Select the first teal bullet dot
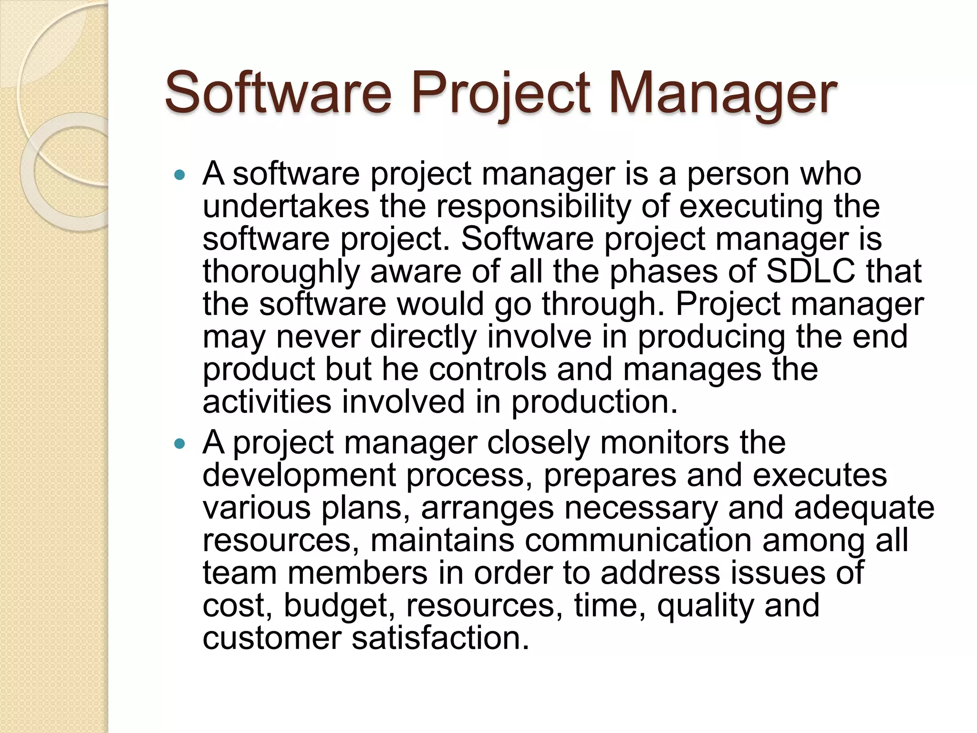coord(179,175)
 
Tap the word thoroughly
coord(281,272)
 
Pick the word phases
coord(664,271)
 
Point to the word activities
coord(267,401)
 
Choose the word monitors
coord(665,442)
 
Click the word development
coord(299,476)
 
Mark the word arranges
coord(487,508)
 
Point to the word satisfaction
coord(440,638)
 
